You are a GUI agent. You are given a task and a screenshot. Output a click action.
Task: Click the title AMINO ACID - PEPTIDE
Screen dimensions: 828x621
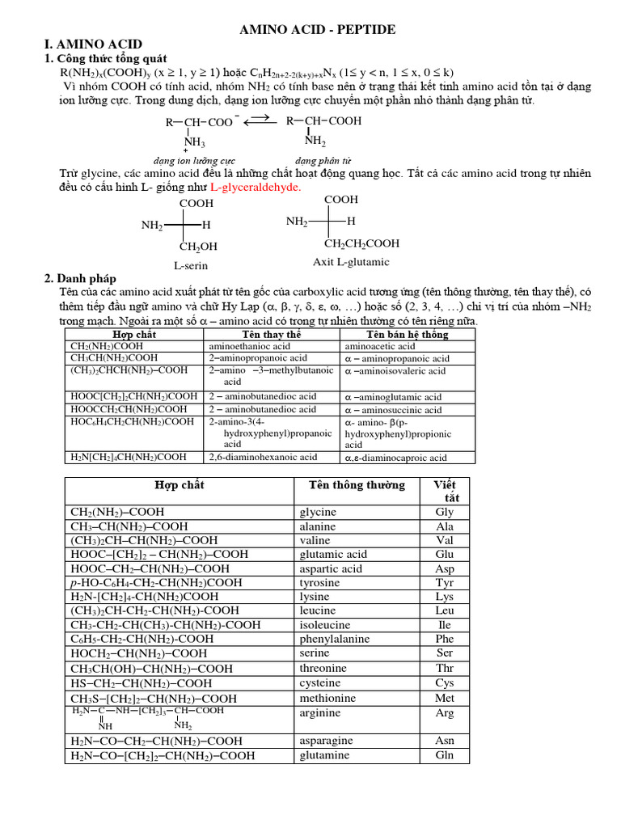click(316, 29)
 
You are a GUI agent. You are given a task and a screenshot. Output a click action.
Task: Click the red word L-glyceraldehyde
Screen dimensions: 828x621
click(255, 187)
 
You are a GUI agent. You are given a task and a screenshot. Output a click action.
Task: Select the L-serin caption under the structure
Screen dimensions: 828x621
click(192, 264)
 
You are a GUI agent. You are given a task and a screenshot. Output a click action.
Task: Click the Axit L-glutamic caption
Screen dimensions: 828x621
click(351, 262)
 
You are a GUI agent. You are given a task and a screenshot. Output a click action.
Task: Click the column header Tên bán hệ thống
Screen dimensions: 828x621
click(408, 334)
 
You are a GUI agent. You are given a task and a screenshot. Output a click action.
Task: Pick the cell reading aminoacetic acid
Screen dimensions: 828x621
click(380, 346)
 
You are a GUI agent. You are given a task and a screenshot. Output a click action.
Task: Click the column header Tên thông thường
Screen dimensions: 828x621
click(357, 485)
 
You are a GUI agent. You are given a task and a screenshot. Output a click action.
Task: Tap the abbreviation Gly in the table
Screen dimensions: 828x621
click(444, 512)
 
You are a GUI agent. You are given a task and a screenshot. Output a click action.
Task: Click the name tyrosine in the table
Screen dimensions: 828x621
click(320, 582)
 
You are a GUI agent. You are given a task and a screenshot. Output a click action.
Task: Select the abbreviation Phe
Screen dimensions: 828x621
click(444, 639)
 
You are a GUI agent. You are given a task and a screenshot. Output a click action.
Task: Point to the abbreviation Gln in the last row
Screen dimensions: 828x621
click(444, 755)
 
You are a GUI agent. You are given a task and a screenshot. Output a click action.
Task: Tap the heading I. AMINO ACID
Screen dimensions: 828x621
click(93, 44)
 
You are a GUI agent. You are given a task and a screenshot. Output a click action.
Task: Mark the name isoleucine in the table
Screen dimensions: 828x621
click(325, 625)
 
